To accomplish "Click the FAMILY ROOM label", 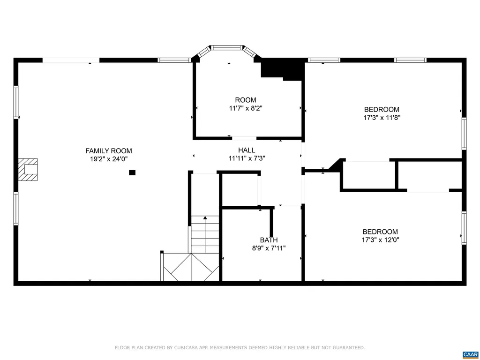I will pos(108,151).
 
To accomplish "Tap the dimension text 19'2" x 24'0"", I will pos(108,159).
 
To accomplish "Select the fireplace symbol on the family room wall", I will pos(29,170).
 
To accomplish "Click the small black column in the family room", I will pos(132,172).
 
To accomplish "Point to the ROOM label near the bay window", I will pos(246,100).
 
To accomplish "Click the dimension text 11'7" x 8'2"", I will pos(246,108).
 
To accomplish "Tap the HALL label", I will pos(247,150).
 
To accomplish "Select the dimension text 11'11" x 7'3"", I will pos(247,158).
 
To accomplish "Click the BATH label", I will pos(269,240).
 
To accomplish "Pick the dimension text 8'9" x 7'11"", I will pos(269,248).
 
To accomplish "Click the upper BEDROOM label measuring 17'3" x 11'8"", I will pos(382,109).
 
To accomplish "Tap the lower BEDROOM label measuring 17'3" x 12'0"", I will pos(380,232).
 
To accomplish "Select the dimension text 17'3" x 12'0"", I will pos(380,240).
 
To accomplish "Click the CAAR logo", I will pos(469,354).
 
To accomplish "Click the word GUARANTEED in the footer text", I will pos(348,348).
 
